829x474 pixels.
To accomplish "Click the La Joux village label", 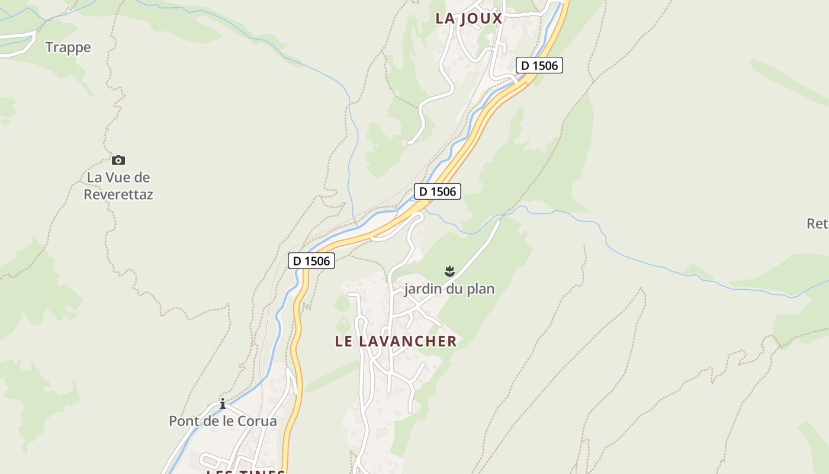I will [468, 18].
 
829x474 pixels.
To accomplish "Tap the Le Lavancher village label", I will [396, 341].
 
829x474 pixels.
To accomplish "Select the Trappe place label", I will [68, 47].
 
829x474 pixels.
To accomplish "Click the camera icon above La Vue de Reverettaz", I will [118, 160].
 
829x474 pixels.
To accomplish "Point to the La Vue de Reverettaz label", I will [118, 185].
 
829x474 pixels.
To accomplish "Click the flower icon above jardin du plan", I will [449, 271].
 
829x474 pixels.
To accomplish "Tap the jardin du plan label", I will [449, 289].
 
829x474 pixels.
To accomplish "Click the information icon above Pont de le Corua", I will [223, 404].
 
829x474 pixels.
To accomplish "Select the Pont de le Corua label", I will [223, 421].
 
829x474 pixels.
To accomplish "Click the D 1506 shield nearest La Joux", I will [539, 65].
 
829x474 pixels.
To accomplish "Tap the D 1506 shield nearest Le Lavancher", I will [311, 261].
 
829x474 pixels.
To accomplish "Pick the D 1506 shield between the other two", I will [438, 191].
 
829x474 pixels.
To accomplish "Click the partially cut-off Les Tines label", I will [246, 471].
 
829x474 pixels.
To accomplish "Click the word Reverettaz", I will [118, 194].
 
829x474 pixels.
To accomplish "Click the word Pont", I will [183, 421].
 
